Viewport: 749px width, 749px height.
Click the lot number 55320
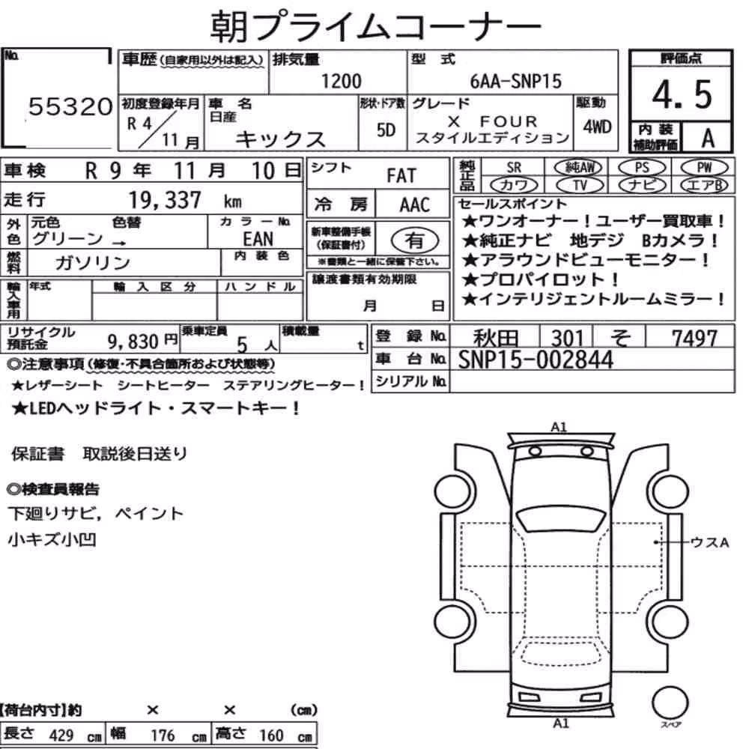click(70, 106)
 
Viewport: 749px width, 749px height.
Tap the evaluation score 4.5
click(682, 94)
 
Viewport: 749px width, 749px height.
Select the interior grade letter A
click(708, 139)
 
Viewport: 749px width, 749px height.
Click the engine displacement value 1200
click(341, 81)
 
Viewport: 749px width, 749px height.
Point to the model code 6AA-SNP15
click(515, 81)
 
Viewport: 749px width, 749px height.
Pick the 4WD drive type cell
click(597, 127)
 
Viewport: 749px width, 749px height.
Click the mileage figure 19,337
click(165, 200)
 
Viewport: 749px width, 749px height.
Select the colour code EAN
click(258, 238)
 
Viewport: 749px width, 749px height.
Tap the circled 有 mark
click(414, 240)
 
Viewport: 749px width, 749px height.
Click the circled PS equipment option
click(642, 168)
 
